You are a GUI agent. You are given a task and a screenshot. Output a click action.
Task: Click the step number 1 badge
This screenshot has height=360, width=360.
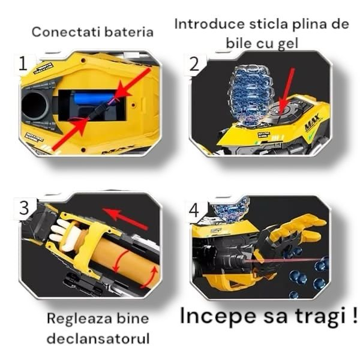[22, 64]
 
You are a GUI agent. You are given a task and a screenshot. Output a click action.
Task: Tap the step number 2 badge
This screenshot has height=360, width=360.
[194, 64]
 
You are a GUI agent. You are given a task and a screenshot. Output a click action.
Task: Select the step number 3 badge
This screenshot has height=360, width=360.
[23, 208]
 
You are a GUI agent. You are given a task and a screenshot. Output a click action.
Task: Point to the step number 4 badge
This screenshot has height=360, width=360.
[193, 210]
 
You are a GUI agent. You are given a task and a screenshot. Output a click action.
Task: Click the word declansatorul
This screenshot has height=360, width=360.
[98, 338]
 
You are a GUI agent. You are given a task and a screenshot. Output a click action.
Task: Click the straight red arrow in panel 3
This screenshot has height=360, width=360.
[125, 219]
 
